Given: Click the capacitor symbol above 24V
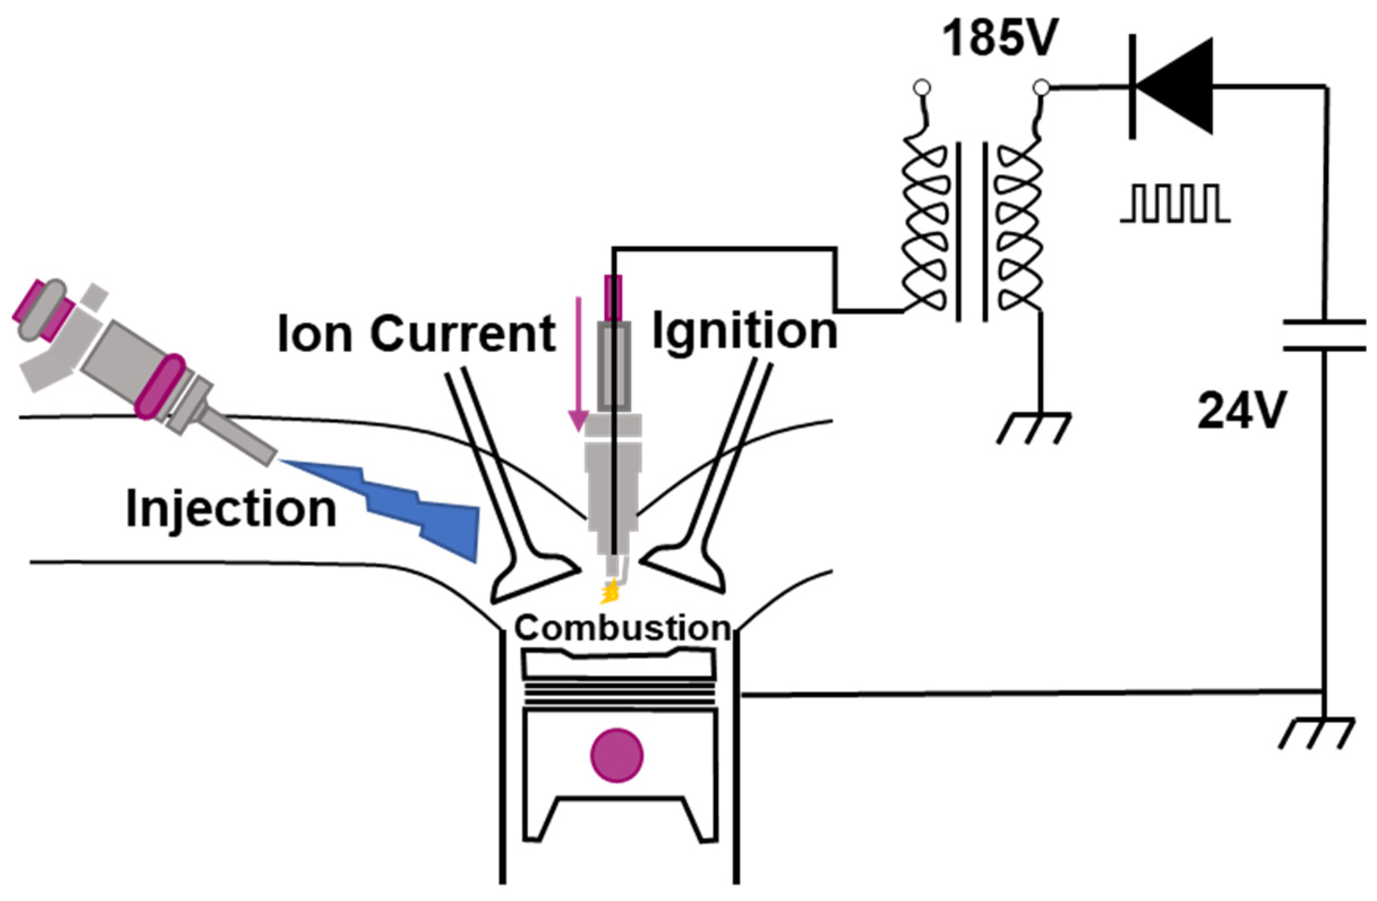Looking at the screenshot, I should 1324,335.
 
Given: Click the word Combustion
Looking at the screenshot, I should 623,627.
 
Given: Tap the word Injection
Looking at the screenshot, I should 231,509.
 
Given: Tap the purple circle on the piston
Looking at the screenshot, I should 617,755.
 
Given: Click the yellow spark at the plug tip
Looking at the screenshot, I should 609,593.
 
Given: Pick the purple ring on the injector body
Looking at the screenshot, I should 160,386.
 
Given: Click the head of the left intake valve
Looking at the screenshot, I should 535,578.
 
